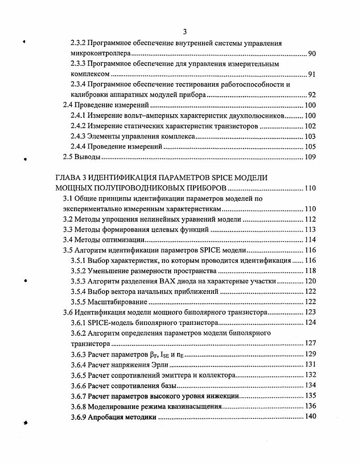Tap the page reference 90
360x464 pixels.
[x=312, y=54]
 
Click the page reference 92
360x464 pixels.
[x=312, y=95]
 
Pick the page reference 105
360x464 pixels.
[x=310, y=147]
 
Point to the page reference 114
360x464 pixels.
[x=310, y=240]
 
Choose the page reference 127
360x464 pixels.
[x=310, y=343]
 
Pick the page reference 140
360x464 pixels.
[x=310, y=417]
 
